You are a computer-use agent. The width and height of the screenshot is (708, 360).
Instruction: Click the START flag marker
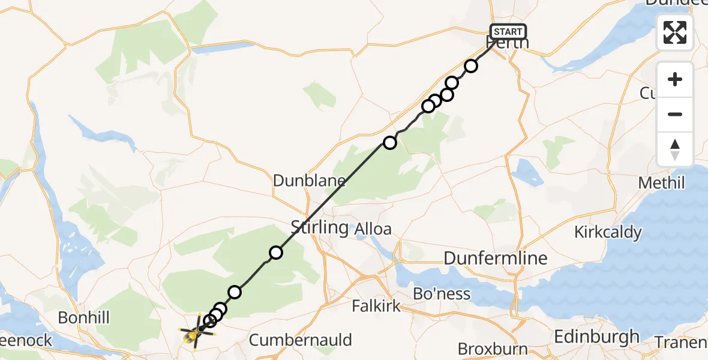pyautogui.click(x=508, y=31)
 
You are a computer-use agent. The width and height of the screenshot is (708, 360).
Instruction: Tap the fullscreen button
pyautogui.click(x=675, y=32)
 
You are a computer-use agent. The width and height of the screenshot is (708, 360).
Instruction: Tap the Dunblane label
pyautogui.click(x=309, y=181)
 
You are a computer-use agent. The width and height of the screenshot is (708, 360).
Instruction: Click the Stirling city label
pyautogui.click(x=319, y=227)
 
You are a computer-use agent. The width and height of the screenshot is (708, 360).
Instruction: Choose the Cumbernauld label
pyautogui.click(x=300, y=340)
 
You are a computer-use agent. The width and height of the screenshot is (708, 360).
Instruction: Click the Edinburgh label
pyautogui.click(x=596, y=337)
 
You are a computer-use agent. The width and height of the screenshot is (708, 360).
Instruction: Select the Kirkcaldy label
pyautogui.click(x=607, y=232)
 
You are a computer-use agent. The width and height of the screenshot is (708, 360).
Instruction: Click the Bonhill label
pyautogui.click(x=83, y=317)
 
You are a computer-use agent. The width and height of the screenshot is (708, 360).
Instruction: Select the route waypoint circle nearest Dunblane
pyautogui.click(x=390, y=142)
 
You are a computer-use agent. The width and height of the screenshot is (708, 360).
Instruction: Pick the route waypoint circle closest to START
pyautogui.click(x=471, y=66)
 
